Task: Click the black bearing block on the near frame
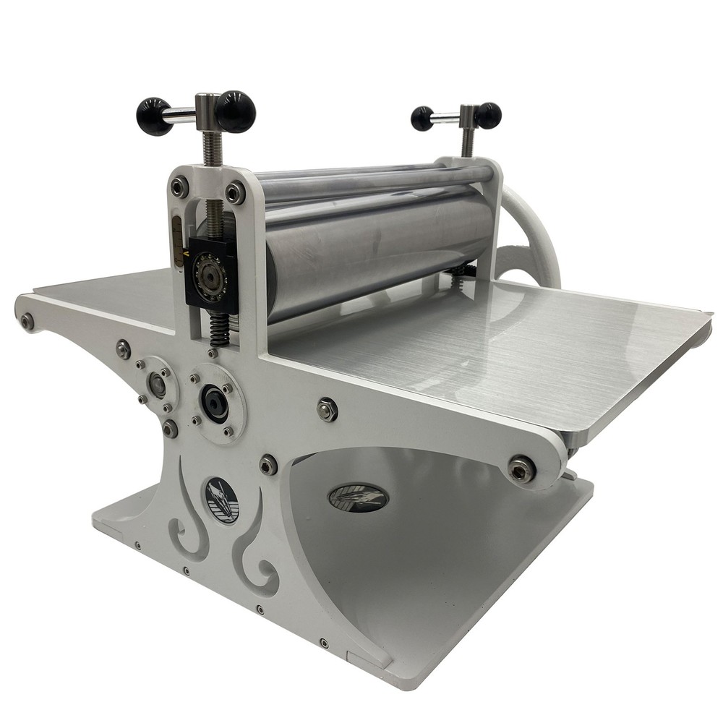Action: [x=210, y=273]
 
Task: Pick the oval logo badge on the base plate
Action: [x=358, y=497]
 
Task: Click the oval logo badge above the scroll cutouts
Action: [x=221, y=500]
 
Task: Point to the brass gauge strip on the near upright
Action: [x=176, y=231]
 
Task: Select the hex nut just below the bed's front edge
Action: [x=327, y=409]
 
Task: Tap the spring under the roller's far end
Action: [x=461, y=270]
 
